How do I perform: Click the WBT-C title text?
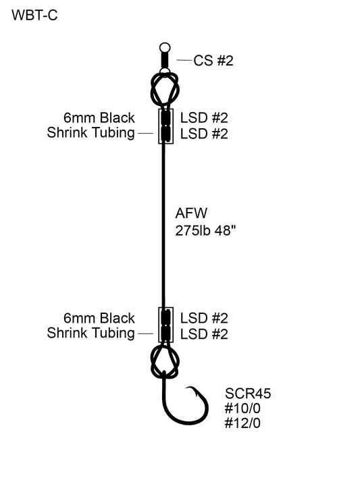click(x=34, y=16)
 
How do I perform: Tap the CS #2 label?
click(x=213, y=61)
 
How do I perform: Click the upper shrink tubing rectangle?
click(x=165, y=126)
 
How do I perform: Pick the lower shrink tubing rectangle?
click(x=165, y=325)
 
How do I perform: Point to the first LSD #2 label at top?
click(x=204, y=117)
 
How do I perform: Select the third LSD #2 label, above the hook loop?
click(x=204, y=318)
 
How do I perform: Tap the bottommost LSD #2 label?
click(x=204, y=334)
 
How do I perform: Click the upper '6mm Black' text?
click(x=99, y=117)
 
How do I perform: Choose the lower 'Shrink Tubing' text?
click(x=91, y=334)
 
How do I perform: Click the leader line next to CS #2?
click(x=183, y=61)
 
